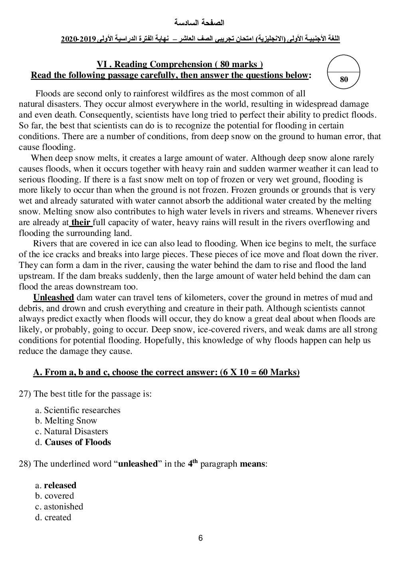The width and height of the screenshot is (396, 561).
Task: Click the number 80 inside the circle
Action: coord(344,79)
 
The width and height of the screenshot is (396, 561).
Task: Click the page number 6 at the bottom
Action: coord(200,538)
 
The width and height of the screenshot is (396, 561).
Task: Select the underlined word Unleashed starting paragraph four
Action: coord(53,297)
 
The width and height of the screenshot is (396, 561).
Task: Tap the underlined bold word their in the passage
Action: coord(81,222)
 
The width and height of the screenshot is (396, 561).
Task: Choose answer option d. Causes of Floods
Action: coord(73,442)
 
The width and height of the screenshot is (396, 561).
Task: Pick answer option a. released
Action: coord(56,485)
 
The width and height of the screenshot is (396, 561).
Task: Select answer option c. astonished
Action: coord(59,507)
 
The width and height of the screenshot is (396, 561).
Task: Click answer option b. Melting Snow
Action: coord(66,421)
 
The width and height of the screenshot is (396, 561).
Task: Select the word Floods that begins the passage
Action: coord(48,94)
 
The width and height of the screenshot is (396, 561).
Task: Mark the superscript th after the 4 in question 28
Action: coord(195,461)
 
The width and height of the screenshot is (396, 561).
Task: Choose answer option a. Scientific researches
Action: coord(78,410)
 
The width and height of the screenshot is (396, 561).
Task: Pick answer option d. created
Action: coord(53,517)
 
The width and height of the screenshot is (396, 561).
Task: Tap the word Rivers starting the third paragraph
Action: coord(45,244)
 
